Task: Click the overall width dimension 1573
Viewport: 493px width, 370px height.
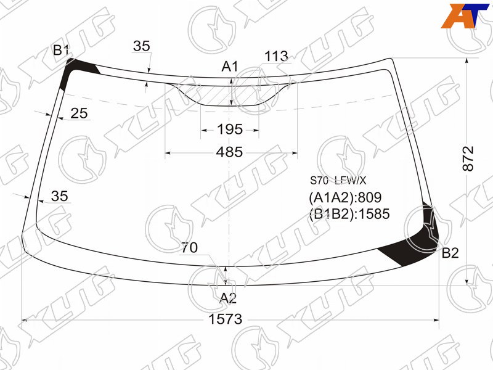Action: pyautogui.click(x=226, y=319)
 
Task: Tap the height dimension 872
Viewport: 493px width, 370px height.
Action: pyautogui.click(x=468, y=158)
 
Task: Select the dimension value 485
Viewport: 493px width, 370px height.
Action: pyautogui.click(x=229, y=152)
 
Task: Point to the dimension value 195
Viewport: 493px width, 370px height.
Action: pyautogui.click(x=230, y=129)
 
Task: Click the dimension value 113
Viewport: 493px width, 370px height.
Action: pyautogui.click(x=276, y=56)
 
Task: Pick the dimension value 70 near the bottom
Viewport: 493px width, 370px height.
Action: pyautogui.click(x=189, y=248)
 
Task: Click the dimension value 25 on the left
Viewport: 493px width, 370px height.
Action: pyautogui.click(x=79, y=113)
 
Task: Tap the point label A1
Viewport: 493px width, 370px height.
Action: pyautogui.click(x=230, y=67)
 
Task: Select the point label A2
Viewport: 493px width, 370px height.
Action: pyautogui.click(x=228, y=298)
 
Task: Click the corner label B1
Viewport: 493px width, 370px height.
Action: pyautogui.click(x=60, y=50)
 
